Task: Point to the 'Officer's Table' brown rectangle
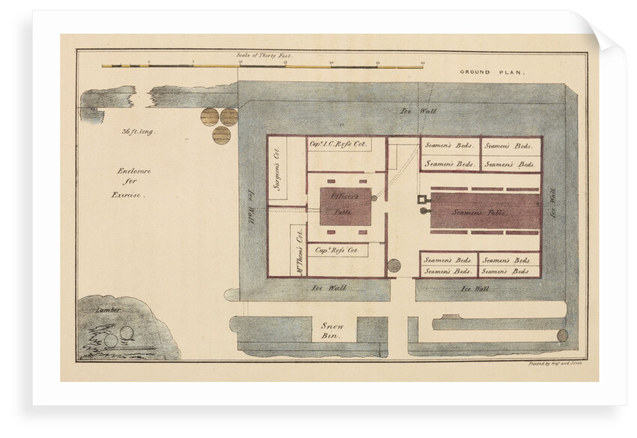pos(345,204)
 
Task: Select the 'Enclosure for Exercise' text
pos(133,182)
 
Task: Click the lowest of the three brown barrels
pos(221,135)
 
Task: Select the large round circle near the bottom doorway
pos(394,265)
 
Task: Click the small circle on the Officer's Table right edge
pos(374,198)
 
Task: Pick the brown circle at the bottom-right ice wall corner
pos(562,335)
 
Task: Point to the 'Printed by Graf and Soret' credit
pos(551,363)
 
